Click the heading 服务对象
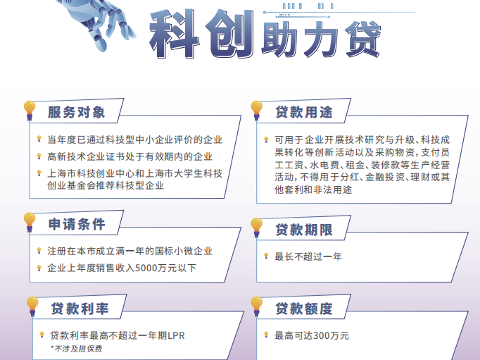tap(76, 112)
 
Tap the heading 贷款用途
tap(303, 112)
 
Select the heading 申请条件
tap(77, 224)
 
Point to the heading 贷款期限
tap(303, 230)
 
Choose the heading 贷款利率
tap(80, 309)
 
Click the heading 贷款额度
tap(303, 309)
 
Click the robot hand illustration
tap(98, 23)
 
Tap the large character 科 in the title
tap(174, 34)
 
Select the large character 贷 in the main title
tap(363, 39)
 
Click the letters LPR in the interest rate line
tap(176, 336)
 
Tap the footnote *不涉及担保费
tap(77, 349)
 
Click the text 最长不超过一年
tap(308, 256)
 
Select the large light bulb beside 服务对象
tap(30, 111)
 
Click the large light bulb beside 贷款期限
tap(256, 228)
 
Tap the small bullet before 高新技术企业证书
tap(39, 156)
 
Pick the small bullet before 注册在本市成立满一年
tap(39, 251)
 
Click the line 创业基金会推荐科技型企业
tap(106, 185)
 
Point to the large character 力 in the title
tap(320, 39)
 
